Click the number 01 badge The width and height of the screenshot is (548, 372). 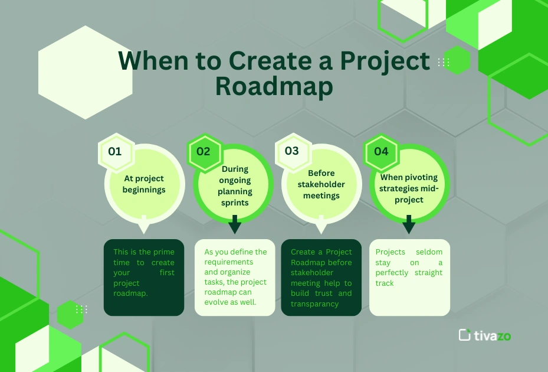coord(115,151)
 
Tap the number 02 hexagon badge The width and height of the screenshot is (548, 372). coord(204,151)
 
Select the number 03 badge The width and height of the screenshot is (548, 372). coord(292,151)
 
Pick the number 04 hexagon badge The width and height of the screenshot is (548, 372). coord(381,151)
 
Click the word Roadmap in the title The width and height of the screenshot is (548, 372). coord(274,86)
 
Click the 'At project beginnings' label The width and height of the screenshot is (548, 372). coord(144,184)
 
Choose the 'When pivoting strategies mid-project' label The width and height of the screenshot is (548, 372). coord(409,188)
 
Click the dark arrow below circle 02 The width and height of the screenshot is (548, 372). coord(234,224)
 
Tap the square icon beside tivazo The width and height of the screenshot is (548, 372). coord(465,335)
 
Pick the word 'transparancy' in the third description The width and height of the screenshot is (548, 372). coord(315,304)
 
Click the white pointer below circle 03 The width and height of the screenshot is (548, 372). coord(320,227)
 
